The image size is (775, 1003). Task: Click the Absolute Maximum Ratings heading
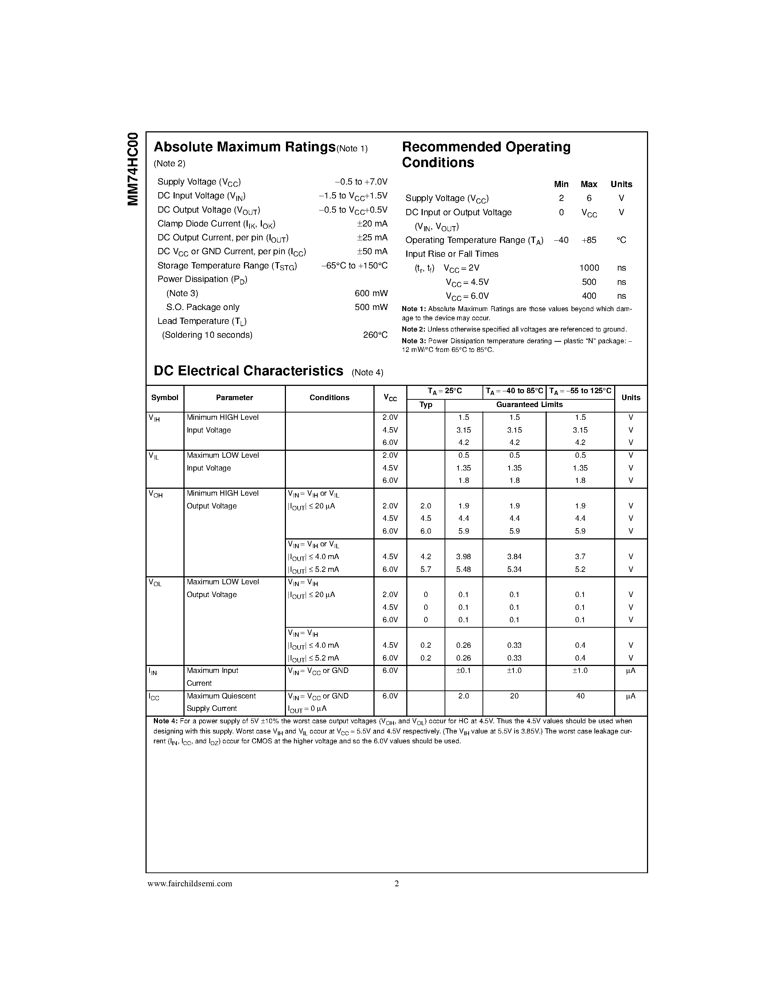(244, 147)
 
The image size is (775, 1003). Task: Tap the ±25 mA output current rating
(372, 237)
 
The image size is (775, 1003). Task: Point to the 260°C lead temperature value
(375, 335)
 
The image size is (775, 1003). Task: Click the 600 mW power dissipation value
(371, 293)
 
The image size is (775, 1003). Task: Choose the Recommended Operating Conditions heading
(486, 154)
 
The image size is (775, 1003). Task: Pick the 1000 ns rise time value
(589, 268)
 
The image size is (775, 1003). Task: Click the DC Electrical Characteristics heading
(248, 371)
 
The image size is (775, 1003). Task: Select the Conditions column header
(329, 398)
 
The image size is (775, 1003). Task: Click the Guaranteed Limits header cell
(529, 404)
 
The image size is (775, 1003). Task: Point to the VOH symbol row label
(156, 494)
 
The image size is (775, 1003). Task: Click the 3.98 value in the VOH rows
(463, 557)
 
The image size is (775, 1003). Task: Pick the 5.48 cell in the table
(463, 569)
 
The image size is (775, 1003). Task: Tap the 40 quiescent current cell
(580, 696)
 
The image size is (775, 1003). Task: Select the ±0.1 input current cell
(463, 670)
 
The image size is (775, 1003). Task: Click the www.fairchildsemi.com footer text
(190, 884)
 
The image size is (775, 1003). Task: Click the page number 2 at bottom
(397, 884)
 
